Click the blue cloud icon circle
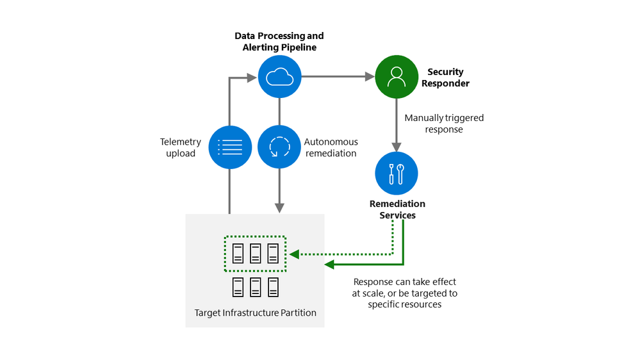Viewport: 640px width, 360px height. tap(279, 78)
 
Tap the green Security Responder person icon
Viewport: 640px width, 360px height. tap(397, 78)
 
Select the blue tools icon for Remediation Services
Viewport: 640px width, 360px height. tap(397, 174)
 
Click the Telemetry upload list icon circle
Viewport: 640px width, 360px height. tap(229, 147)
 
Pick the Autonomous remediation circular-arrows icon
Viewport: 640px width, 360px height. tap(279, 147)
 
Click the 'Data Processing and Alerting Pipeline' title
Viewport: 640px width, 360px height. tap(279, 42)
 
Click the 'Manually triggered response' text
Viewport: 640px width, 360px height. tap(444, 124)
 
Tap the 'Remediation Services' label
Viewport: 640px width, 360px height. tap(397, 209)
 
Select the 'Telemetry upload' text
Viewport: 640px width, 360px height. tap(180, 147)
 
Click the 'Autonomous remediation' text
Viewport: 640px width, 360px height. tap(331, 147)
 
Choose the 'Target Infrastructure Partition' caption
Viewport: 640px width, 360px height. tap(255, 313)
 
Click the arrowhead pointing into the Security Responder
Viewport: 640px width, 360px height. tap(370, 78)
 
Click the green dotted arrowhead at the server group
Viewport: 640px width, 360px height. tap(294, 254)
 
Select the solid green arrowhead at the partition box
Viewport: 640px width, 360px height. tap(329, 265)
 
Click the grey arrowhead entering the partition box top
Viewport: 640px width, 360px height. tap(279, 208)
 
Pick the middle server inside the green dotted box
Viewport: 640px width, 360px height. tap(255, 254)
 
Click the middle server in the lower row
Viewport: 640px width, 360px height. tap(255, 288)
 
